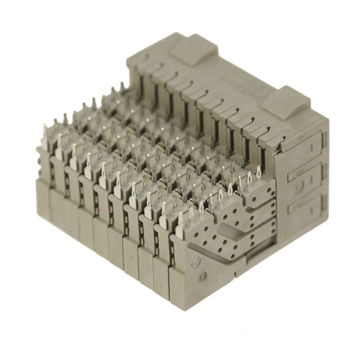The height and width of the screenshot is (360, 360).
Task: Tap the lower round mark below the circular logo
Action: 203,276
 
